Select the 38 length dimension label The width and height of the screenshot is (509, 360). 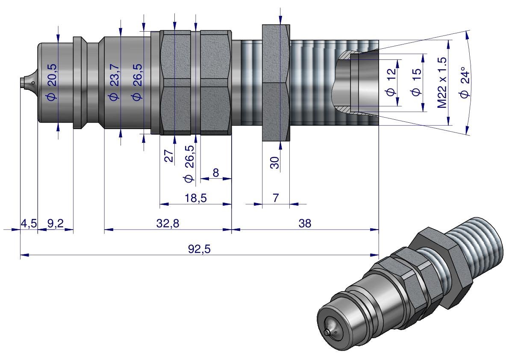[305, 223]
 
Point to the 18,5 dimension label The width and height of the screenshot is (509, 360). [195, 198]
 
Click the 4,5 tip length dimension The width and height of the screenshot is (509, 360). [29, 223]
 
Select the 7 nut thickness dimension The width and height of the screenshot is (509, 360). [275, 198]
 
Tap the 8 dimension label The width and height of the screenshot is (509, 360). [215, 173]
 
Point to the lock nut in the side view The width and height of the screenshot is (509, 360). [276, 83]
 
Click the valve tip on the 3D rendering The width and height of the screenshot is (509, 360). [329, 332]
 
